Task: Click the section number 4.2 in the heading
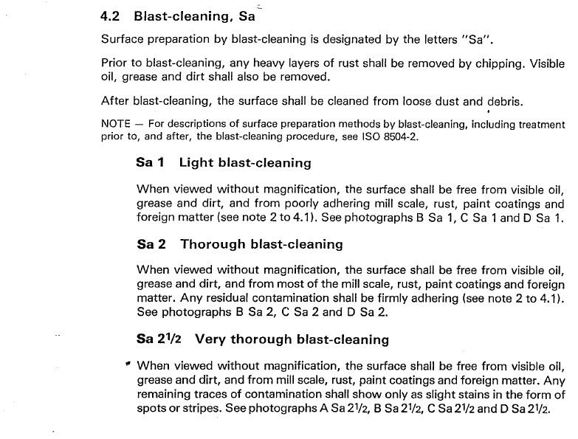(111, 15)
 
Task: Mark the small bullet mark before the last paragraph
(128, 364)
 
